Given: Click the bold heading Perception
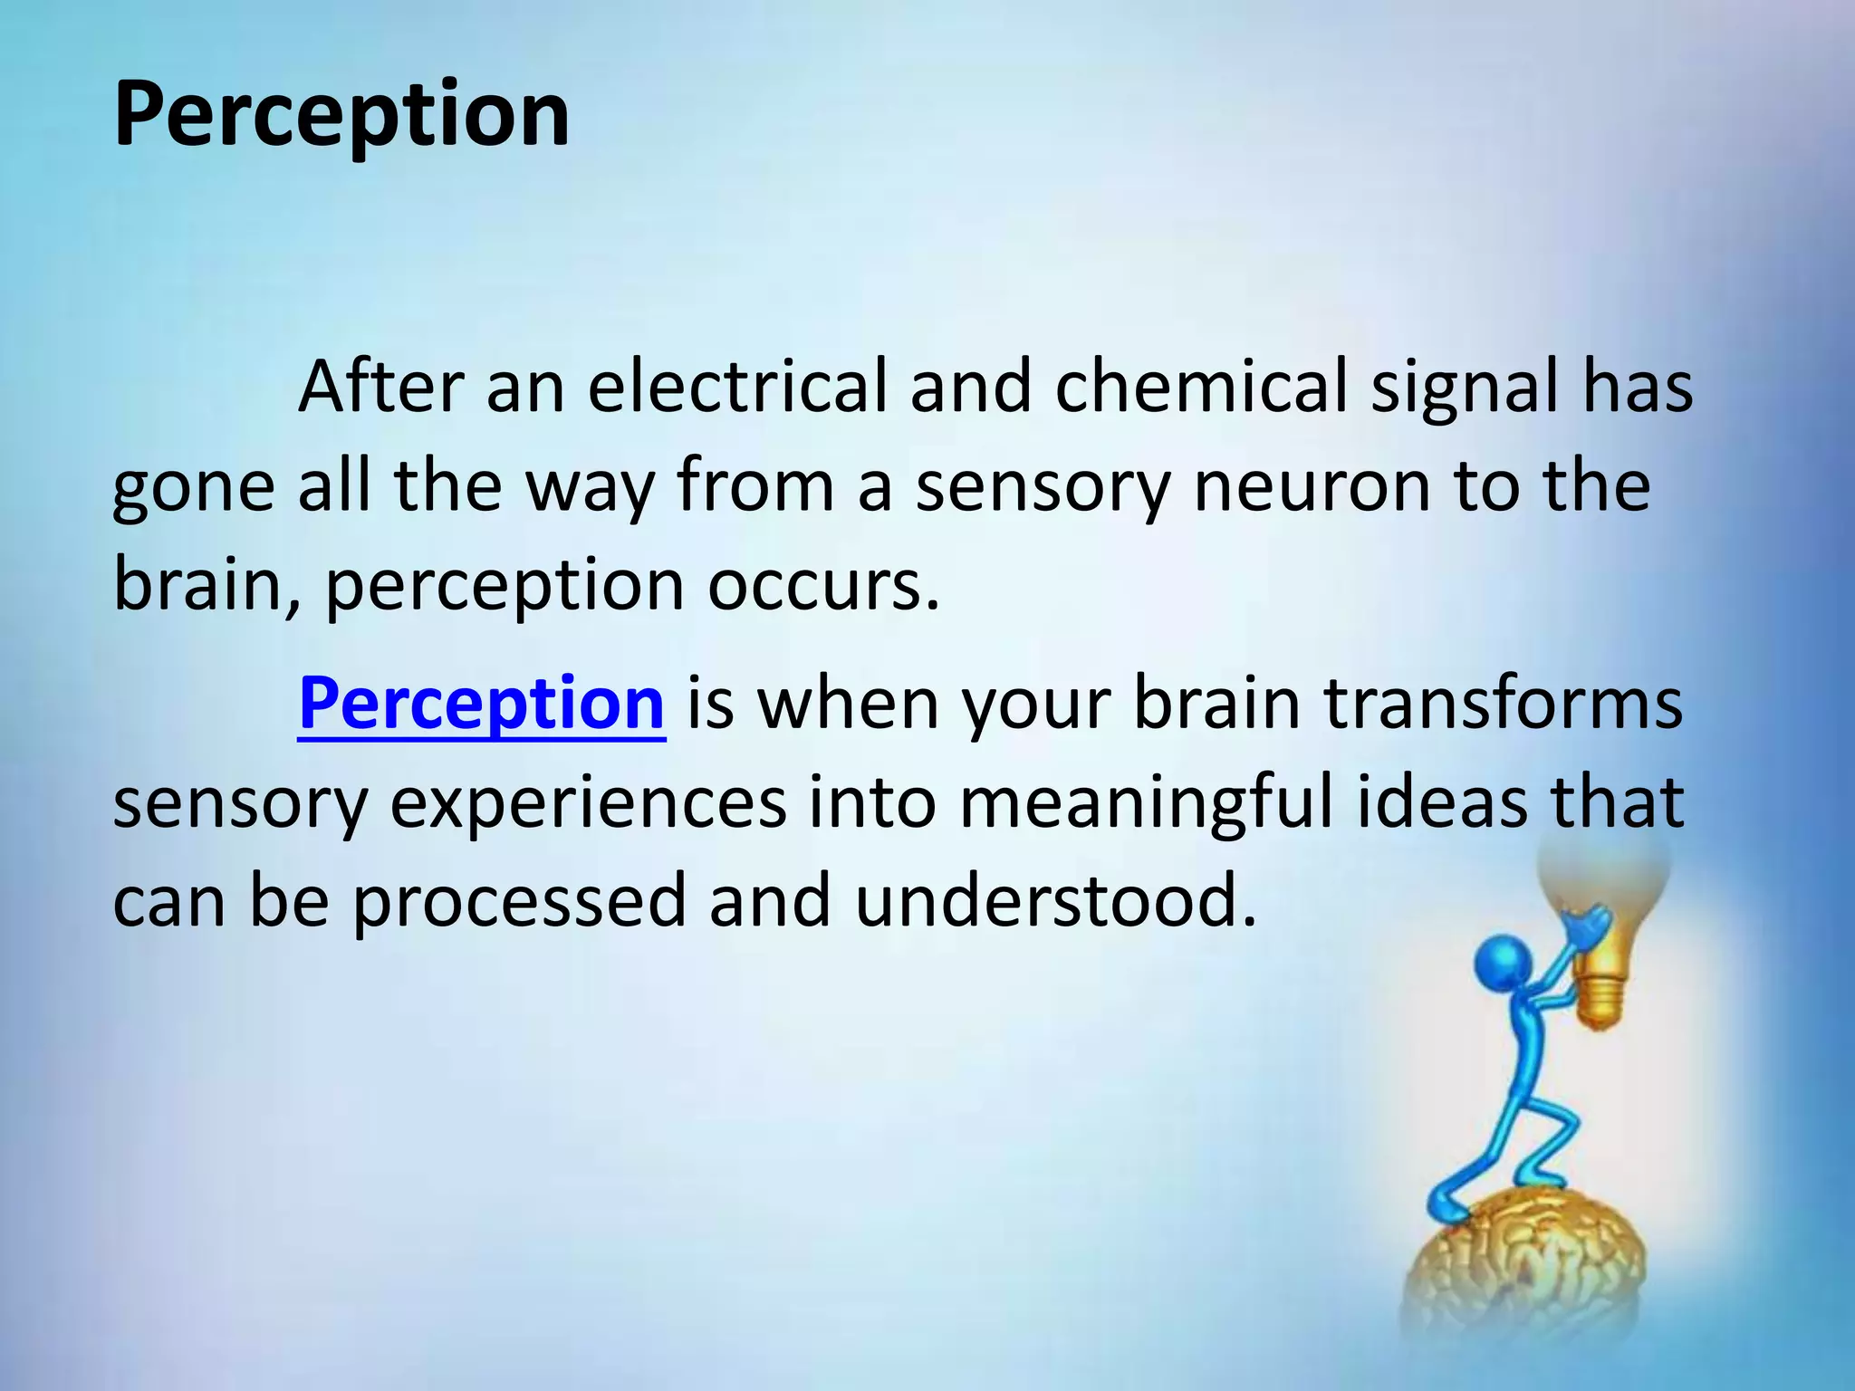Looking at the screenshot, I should tap(341, 115).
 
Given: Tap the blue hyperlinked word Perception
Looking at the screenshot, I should tap(481, 704).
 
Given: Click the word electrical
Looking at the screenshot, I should tap(736, 387).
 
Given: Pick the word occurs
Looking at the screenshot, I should tap(822, 587).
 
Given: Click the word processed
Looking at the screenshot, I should tap(519, 902).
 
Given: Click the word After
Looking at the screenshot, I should tap(381, 387).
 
